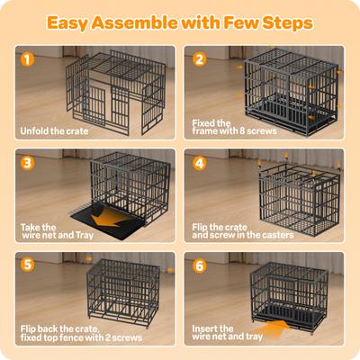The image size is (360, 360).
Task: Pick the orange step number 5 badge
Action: click(x=27, y=265)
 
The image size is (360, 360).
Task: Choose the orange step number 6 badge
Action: click(x=201, y=265)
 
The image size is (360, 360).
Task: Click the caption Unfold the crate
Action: click(x=56, y=130)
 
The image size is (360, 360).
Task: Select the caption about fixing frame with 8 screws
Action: click(x=225, y=125)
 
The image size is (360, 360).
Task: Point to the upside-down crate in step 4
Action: click(x=297, y=193)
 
